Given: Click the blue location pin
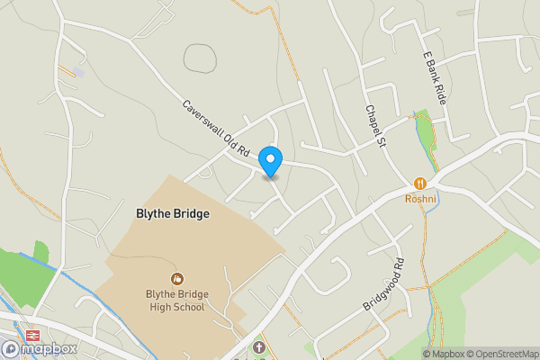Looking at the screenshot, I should [270, 161].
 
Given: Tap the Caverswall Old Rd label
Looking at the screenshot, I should [216, 129].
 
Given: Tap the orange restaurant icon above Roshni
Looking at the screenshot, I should [420, 183].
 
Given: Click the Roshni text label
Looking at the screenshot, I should [420, 198].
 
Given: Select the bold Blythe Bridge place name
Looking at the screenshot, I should [172, 214].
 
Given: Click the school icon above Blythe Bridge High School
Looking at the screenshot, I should [177, 279].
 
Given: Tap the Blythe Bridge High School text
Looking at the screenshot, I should [176, 301].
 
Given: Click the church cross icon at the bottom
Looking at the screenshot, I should [259, 346].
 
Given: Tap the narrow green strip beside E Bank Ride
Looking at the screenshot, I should [424, 131].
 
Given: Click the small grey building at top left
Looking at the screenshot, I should [80, 72].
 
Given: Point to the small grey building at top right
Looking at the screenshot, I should [464, 13].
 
